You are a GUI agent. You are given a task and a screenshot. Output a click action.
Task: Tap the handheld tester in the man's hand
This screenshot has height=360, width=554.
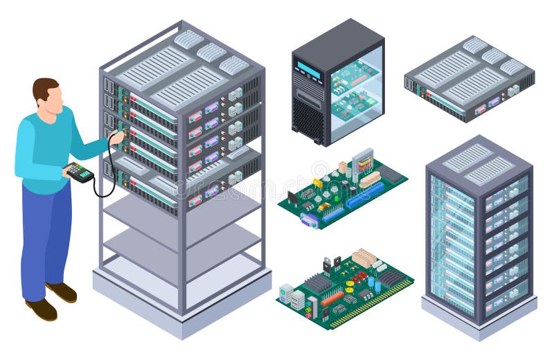click(x=78, y=172)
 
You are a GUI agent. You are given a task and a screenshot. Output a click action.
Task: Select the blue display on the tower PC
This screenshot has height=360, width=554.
click(x=309, y=71)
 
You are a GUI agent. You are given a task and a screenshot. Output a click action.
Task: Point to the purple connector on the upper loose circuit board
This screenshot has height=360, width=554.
click(x=310, y=219)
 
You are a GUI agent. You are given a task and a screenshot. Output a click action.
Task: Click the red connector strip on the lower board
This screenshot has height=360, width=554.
click(x=332, y=298)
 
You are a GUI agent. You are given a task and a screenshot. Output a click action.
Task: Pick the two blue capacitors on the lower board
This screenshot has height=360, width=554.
click(x=375, y=284)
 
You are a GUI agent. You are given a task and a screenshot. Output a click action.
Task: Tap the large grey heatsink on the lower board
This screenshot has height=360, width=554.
click(x=318, y=283)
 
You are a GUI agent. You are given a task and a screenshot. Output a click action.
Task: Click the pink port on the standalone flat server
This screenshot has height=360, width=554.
click(x=479, y=109)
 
